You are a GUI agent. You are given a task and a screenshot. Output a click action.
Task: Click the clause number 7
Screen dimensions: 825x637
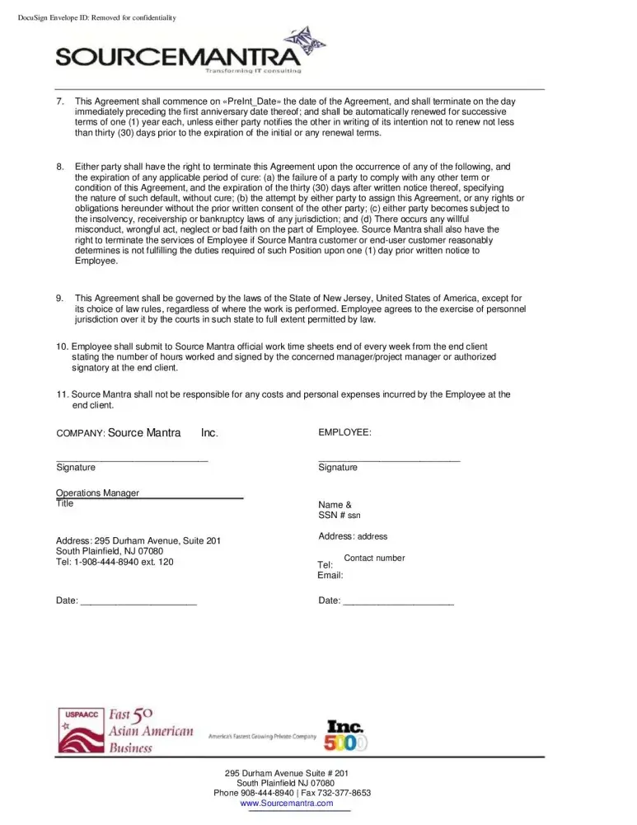60,101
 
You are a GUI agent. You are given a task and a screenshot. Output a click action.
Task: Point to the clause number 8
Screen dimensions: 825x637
60,167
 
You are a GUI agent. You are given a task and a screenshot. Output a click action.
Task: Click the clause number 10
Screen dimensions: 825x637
62,346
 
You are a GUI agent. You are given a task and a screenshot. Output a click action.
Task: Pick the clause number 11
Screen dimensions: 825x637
62,394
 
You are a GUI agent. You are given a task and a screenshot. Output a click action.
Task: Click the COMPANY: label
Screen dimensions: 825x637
80,433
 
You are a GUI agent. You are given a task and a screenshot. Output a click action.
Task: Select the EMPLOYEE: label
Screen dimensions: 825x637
344,432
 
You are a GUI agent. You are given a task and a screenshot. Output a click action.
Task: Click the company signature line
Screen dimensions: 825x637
132,459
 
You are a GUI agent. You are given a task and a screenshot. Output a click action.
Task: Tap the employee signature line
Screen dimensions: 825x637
389,459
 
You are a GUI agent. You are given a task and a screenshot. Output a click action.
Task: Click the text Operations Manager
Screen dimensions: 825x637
97,493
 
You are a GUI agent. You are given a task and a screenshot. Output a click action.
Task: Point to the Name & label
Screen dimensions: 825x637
335,505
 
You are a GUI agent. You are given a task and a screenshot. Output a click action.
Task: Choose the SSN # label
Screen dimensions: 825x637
331,516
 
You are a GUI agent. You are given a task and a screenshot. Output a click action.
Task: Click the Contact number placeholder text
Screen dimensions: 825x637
374,559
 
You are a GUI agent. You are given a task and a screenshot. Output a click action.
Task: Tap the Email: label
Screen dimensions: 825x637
330,575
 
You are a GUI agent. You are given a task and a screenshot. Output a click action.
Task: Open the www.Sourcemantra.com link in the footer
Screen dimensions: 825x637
287,803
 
